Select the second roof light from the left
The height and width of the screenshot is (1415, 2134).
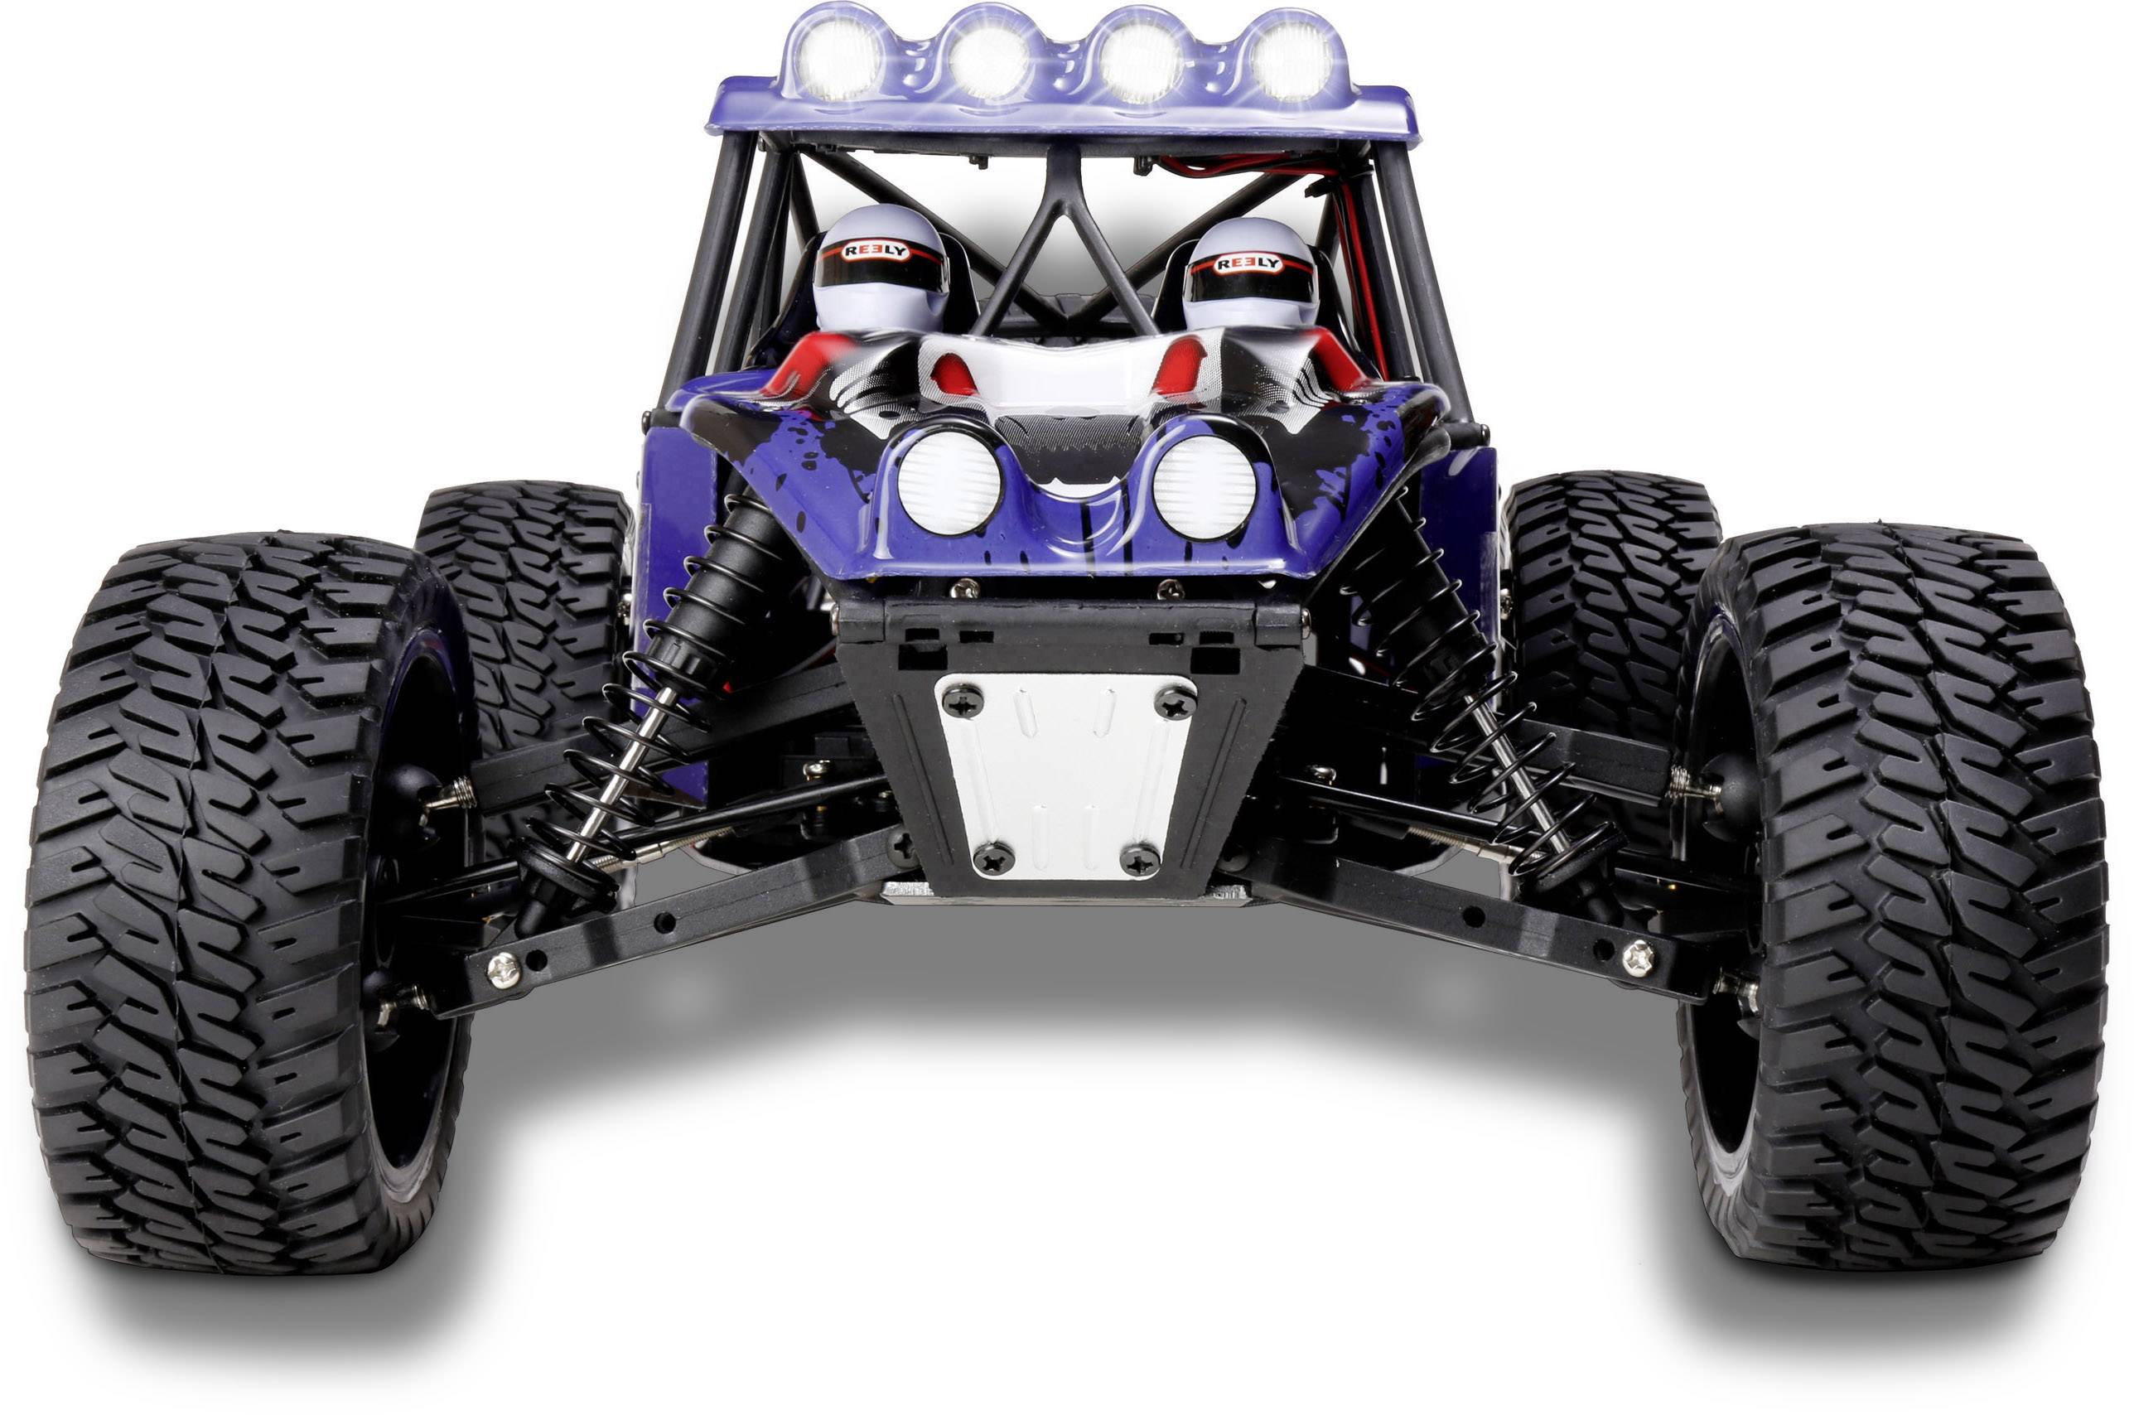(990, 57)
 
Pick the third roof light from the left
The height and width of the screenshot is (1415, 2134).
(1141, 59)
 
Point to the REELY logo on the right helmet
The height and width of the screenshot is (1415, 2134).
(1248, 263)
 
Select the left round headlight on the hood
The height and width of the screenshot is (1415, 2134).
(949, 481)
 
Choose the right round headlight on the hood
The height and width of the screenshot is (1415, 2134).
(1204, 488)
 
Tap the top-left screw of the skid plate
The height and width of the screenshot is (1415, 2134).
(962, 699)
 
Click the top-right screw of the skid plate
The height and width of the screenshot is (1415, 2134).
(1176, 701)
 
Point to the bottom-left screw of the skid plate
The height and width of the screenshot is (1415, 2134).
(993, 856)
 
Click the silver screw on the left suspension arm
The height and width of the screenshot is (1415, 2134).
(503, 970)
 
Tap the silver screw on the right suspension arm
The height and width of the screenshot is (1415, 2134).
(1637, 958)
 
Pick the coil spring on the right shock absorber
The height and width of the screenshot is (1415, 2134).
(1480, 704)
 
